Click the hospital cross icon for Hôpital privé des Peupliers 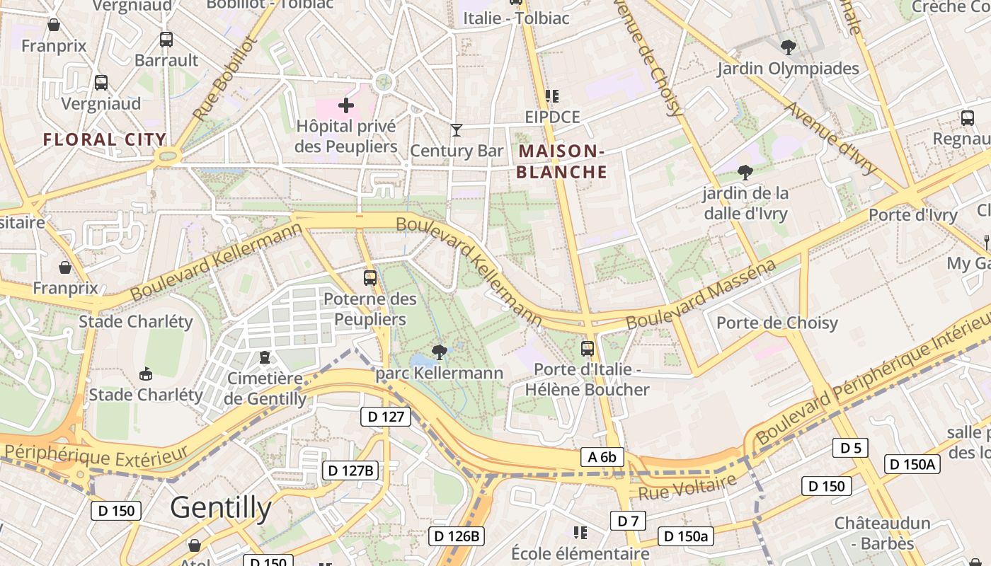(345, 106)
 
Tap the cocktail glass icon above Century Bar (457, 130)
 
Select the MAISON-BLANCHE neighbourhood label (562, 161)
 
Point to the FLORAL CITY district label (105, 139)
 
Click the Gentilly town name (221, 507)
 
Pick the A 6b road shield (602, 457)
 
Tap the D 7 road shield (628, 521)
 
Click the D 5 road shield (850, 448)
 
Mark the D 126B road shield (457, 536)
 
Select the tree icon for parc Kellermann (439, 352)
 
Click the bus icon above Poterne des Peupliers (370, 278)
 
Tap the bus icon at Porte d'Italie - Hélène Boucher (587, 348)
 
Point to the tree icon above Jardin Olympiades (788, 47)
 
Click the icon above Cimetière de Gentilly (265, 357)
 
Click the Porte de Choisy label (777, 323)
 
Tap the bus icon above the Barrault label (166, 40)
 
